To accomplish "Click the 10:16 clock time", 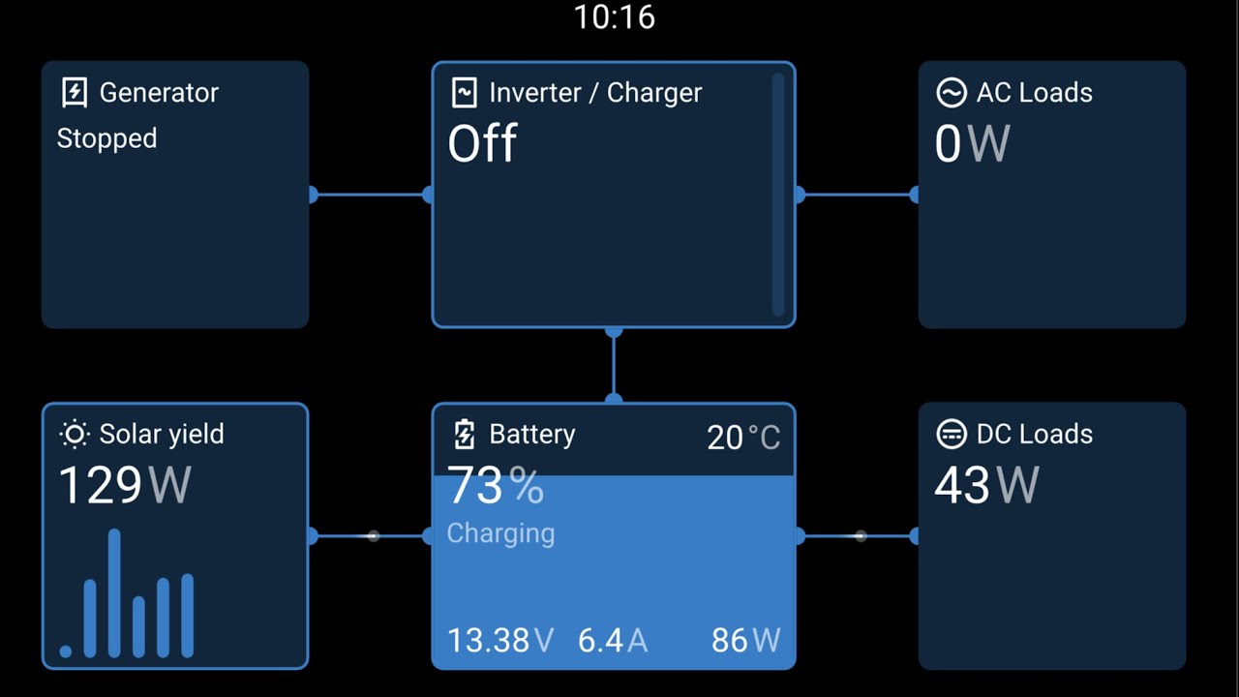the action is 614,17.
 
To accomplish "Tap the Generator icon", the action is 75,92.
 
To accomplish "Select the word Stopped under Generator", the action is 106,138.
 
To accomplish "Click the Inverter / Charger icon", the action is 464,92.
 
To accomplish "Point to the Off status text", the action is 482,142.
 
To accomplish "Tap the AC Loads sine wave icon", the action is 952,92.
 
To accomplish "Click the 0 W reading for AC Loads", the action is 973,144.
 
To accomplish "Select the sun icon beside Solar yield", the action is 75,435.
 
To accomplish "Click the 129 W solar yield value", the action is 125,485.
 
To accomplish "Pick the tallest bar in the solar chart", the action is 114,593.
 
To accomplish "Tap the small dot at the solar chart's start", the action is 65,652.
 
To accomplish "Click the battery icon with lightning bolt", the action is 464,435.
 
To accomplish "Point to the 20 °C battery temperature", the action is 743,438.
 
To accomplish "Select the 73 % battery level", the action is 495,485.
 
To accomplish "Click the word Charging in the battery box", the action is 500,533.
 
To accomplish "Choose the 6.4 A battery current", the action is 613,641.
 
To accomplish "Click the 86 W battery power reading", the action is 745,641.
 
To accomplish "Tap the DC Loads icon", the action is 952,435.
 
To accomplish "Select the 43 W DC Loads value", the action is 986,485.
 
